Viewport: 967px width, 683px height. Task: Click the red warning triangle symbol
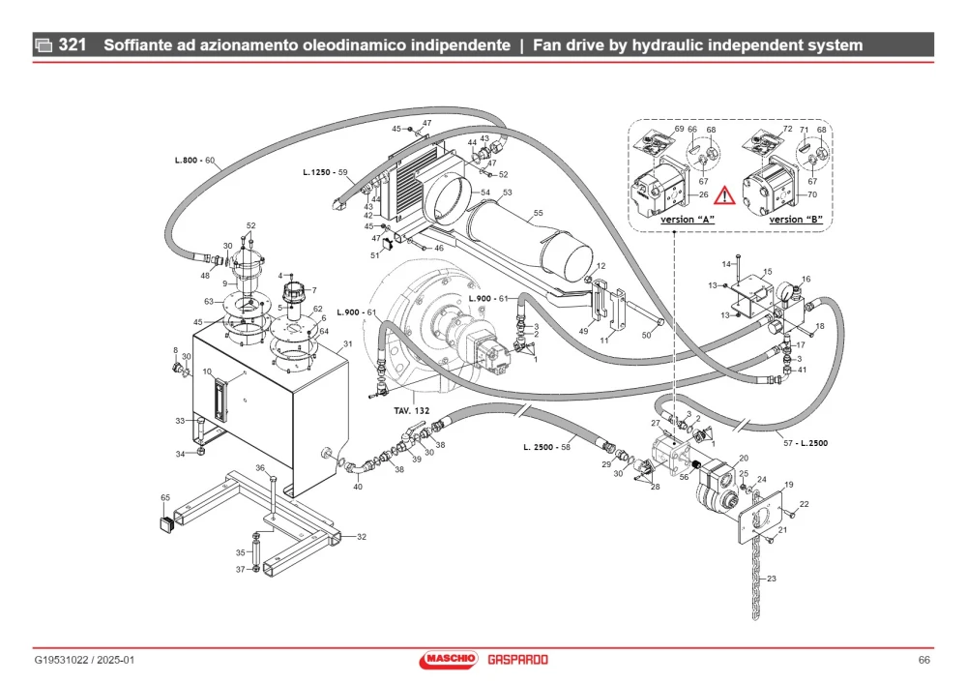click(724, 195)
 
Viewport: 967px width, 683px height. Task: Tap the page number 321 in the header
click(73, 45)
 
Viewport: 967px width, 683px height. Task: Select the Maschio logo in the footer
click(449, 660)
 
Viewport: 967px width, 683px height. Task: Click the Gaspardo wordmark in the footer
click(517, 660)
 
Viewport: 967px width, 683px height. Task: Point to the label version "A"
click(688, 219)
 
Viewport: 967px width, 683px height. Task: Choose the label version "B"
click(796, 219)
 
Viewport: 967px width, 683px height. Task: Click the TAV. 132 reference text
click(412, 410)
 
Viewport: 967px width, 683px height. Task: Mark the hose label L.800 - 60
click(194, 161)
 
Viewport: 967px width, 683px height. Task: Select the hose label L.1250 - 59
click(325, 173)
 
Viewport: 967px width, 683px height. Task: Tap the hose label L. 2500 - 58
click(546, 447)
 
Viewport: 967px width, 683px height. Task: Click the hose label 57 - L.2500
click(806, 443)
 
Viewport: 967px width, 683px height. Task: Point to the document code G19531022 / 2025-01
click(84, 660)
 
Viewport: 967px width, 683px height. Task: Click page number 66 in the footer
click(923, 660)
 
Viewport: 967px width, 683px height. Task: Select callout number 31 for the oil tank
click(348, 344)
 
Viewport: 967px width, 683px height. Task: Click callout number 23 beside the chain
click(772, 579)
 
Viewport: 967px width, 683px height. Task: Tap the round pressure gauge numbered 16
click(785, 290)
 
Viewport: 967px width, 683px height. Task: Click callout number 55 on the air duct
click(538, 213)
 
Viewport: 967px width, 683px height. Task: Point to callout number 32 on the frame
click(362, 537)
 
